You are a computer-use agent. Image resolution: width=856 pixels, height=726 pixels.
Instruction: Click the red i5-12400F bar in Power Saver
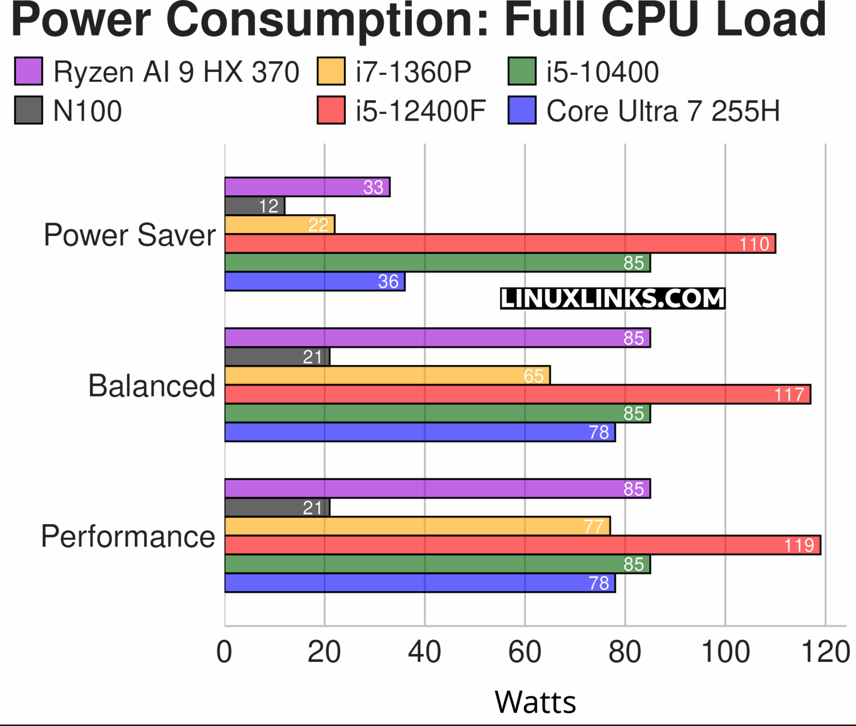[500, 244]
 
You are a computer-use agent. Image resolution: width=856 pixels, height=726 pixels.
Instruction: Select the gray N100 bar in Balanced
[277, 357]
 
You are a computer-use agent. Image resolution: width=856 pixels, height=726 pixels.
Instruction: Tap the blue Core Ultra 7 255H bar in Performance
[420, 583]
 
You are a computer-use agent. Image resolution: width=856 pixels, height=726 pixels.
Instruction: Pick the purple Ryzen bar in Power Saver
[307, 187]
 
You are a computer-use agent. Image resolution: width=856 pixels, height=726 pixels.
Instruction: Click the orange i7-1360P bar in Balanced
[387, 376]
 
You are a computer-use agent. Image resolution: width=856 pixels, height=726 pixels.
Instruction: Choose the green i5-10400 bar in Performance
[437, 564]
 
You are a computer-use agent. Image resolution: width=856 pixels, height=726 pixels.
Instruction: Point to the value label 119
[799, 545]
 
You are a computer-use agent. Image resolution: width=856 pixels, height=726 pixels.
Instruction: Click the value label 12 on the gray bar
[269, 206]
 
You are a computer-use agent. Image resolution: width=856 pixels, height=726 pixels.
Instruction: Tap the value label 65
[533, 376]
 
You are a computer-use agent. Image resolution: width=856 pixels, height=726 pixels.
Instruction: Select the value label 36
[388, 282]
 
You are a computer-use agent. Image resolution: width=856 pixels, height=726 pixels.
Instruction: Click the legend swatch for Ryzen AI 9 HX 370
[28, 71]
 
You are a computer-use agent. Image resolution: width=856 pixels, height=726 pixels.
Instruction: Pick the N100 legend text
[87, 111]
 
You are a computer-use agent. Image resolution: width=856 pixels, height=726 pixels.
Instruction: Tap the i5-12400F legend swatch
[331, 110]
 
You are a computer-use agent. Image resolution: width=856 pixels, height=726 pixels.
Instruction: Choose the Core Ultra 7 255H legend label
[663, 111]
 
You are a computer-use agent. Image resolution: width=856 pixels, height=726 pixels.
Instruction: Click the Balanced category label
[152, 386]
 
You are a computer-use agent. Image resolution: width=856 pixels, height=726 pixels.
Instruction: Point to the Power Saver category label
[129, 235]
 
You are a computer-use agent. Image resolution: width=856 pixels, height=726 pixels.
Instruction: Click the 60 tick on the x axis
[524, 651]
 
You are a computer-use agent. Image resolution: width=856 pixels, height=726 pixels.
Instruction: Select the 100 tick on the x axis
[725, 651]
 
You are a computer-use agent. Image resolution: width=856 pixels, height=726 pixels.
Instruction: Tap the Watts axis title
[535, 702]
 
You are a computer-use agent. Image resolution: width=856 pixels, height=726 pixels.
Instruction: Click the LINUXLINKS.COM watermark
[612, 299]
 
